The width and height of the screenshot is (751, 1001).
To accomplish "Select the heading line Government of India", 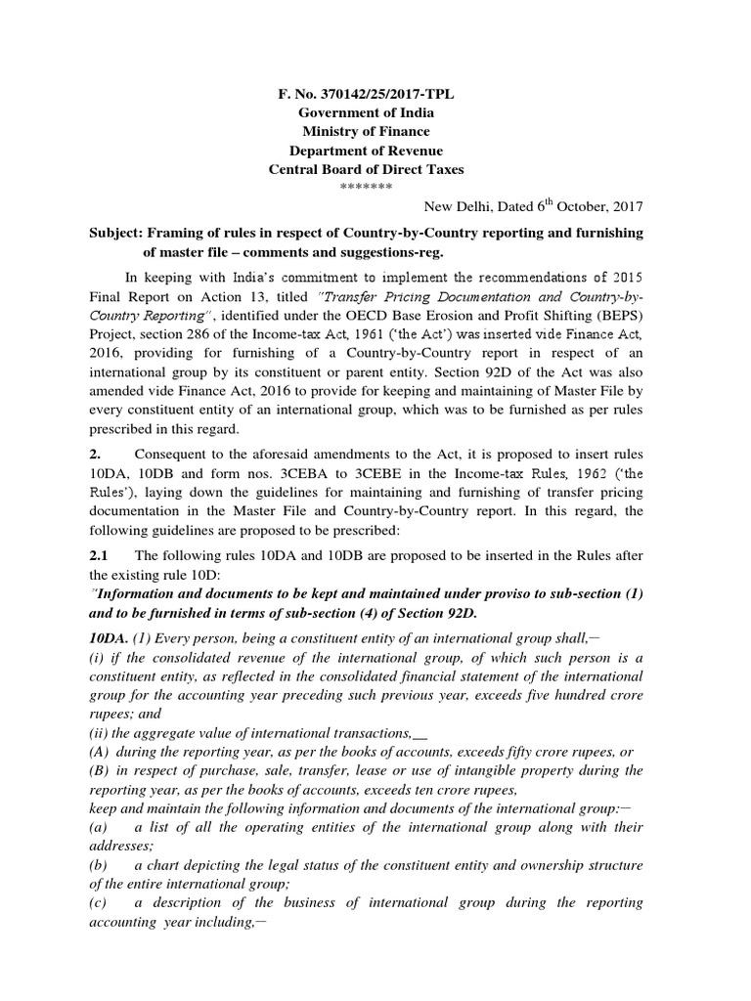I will [367, 112].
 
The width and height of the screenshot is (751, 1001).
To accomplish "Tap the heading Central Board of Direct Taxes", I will [367, 169].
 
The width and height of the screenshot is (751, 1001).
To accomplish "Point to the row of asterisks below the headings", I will [367, 187].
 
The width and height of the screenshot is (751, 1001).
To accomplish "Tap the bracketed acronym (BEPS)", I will [612, 315].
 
